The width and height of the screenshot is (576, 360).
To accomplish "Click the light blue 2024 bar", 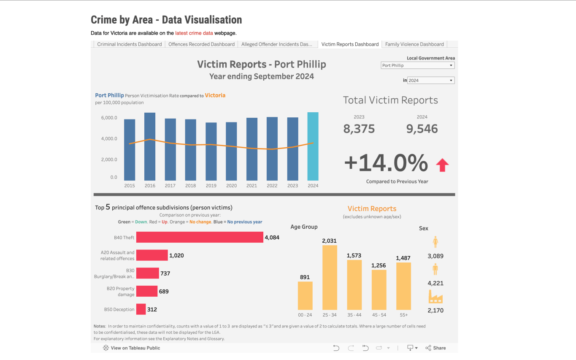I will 313,146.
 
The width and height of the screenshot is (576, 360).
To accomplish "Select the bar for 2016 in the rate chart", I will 150,146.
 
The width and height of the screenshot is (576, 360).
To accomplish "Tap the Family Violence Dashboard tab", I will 414,44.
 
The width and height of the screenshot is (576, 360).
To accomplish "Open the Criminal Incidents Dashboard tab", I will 129,44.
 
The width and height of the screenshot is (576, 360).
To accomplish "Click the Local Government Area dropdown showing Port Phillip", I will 417,65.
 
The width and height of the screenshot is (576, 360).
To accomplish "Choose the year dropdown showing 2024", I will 430,80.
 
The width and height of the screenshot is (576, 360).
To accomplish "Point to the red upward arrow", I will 442,165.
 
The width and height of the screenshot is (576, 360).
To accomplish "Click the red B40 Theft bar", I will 200,238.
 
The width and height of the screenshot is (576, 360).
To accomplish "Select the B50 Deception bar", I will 141,309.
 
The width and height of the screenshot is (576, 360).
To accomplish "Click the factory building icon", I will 435,297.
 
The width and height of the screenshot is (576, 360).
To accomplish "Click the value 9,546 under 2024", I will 422,129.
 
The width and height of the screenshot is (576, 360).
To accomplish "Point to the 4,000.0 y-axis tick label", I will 109,139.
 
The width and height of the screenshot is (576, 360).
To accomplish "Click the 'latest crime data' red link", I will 194,33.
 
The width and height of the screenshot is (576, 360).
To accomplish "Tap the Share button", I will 435,348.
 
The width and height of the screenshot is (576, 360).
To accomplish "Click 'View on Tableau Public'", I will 132,348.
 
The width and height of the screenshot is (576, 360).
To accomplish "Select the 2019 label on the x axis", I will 211,186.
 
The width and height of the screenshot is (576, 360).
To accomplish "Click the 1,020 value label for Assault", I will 176,255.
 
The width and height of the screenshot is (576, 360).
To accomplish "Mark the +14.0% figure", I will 386,163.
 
